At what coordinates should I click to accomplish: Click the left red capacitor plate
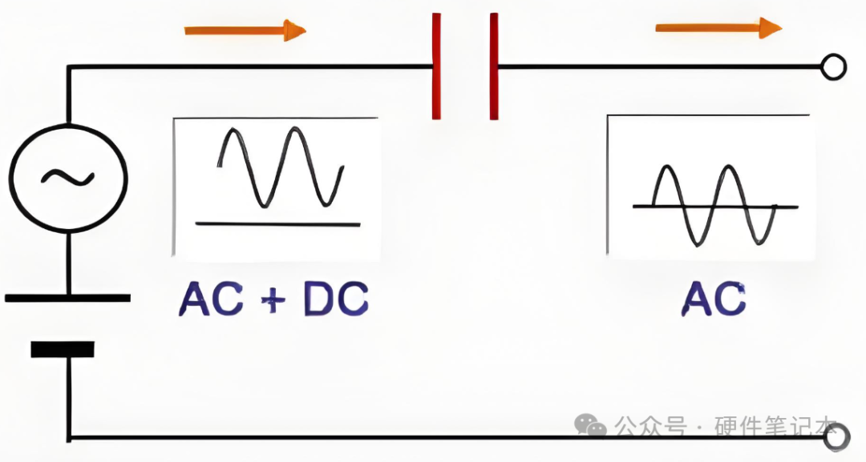436,66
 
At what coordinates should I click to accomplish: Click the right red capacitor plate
494,66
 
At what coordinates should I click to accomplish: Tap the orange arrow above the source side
245,30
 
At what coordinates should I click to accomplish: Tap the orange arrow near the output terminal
718,27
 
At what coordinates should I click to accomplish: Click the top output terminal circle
833,67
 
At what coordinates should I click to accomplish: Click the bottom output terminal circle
837,438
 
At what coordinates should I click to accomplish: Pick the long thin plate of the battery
67,299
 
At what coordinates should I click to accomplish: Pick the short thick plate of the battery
63,349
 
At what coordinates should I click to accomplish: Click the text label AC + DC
273,299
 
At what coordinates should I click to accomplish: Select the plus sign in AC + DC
273,300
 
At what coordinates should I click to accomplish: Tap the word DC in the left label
336,299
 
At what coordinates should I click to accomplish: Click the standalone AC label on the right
713,299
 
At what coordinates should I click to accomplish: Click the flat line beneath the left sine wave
277,224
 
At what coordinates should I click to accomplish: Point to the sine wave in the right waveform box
714,205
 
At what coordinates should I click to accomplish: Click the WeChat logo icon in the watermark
590,425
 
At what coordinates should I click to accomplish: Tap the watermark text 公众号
651,426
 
